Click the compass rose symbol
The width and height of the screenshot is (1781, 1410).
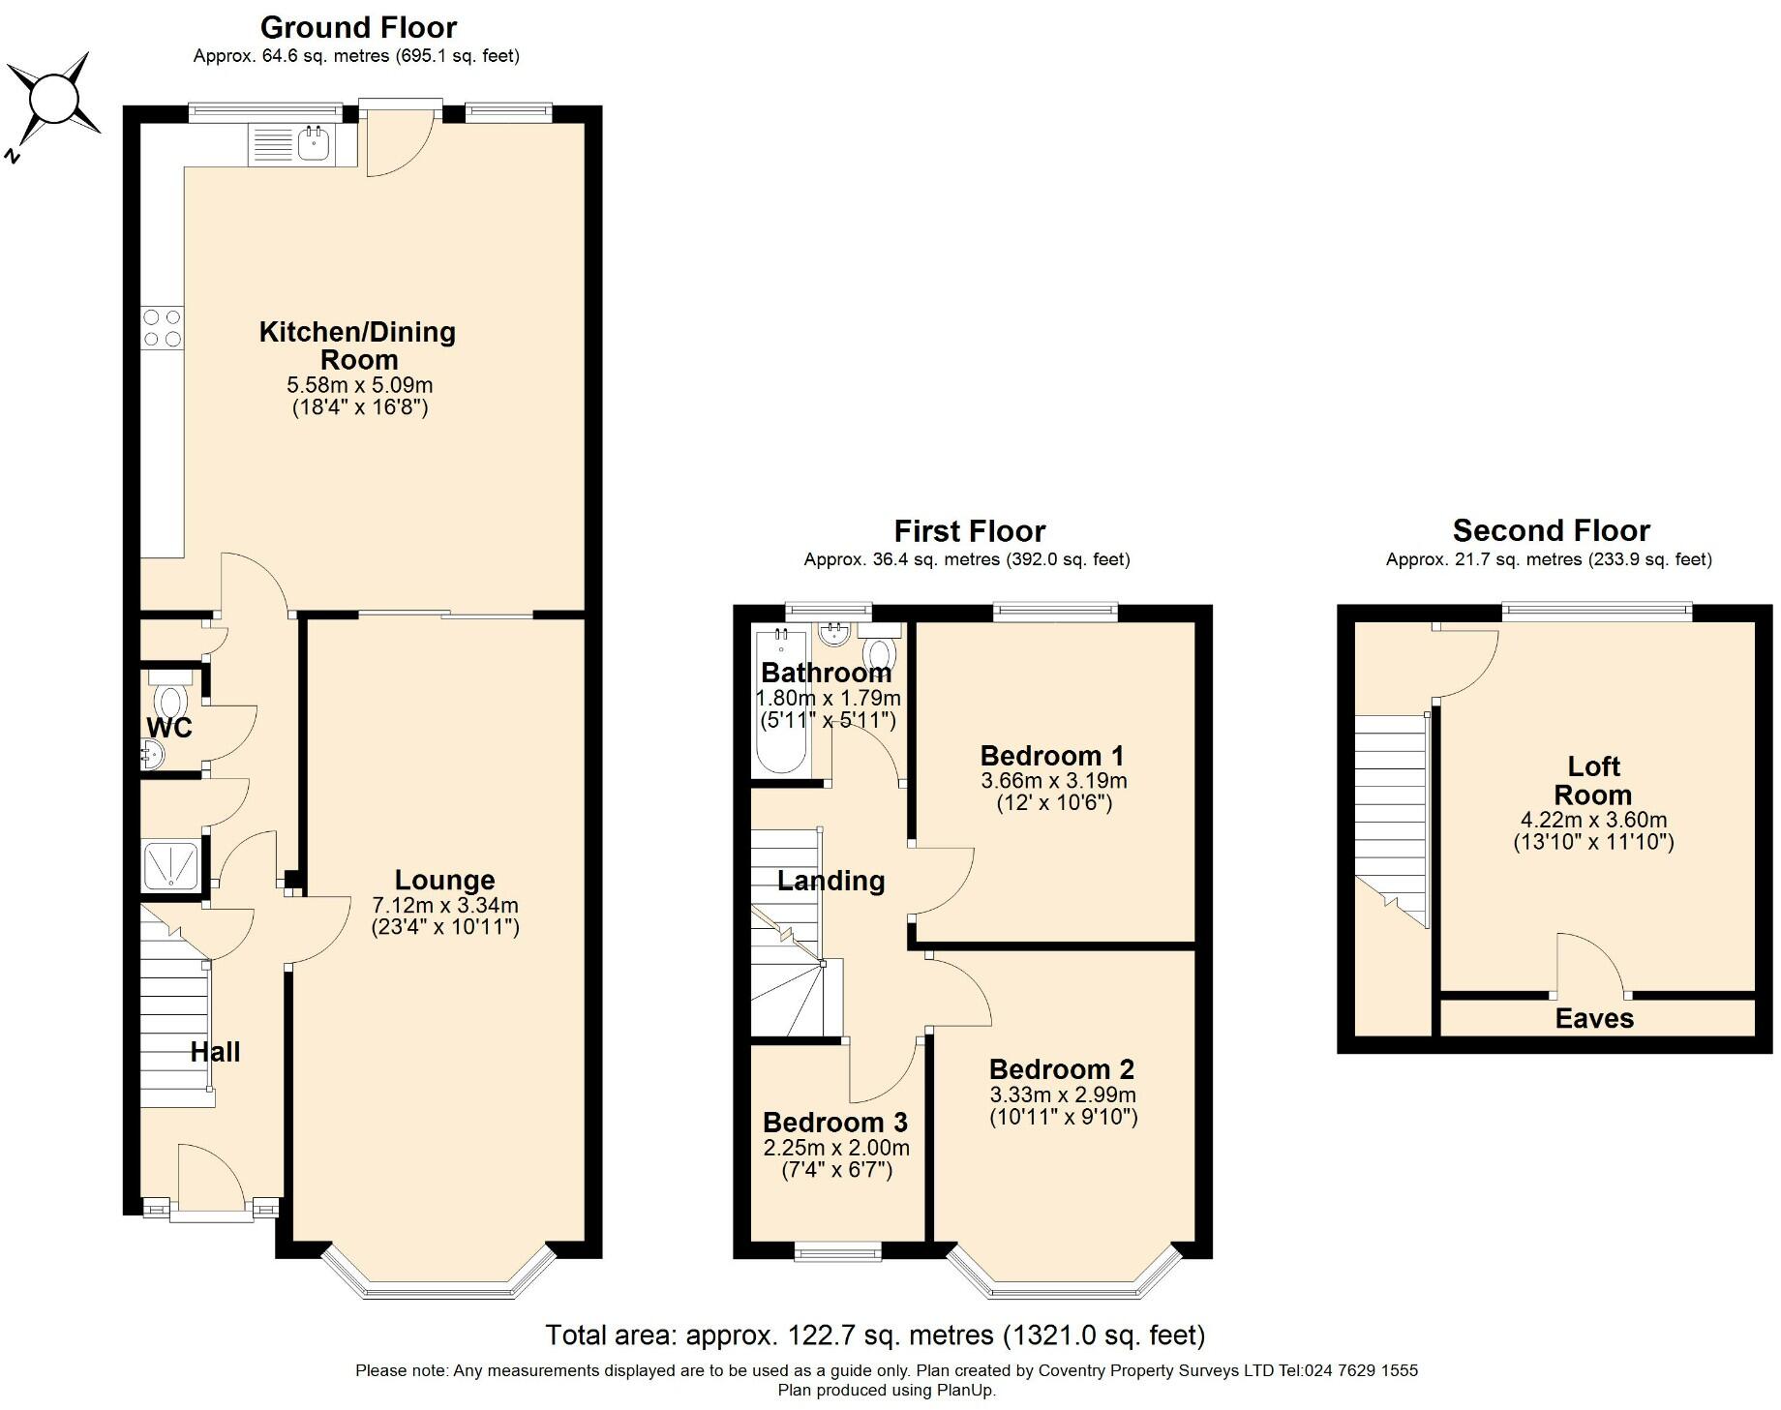click(x=53, y=101)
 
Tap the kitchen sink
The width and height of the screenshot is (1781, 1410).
click(x=314, y=143)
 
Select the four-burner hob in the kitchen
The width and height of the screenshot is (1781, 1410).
click(x=162, y=327)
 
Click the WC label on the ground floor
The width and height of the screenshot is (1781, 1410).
click(x=169, y=727)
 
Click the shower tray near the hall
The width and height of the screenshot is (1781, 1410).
click(x=171, y=864)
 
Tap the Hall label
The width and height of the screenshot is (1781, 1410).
click(x=215, y=1052)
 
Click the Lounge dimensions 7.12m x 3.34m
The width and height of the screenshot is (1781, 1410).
click(x=445, y=906)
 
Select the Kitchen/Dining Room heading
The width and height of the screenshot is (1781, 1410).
click(x=358, y=345)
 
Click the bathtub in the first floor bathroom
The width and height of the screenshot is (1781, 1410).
click(x=779, y=701)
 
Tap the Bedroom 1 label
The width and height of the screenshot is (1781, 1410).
click(x=1053, y=756)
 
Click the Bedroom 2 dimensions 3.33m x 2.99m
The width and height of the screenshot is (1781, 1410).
click(x=1063, y=1095)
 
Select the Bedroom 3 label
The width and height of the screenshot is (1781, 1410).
click(x=835, y=1123)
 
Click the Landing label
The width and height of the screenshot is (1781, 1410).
click(x=831, y=881)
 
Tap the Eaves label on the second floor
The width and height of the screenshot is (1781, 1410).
click(x=1594, y=1018)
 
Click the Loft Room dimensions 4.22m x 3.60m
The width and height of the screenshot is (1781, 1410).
click(x=1593, y=820)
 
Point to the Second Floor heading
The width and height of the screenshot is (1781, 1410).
click(x=1551, y=530)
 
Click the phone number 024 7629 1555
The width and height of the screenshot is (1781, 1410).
click(x=1362, y=1370)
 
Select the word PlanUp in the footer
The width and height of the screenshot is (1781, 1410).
click(x=964, y=1391)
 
